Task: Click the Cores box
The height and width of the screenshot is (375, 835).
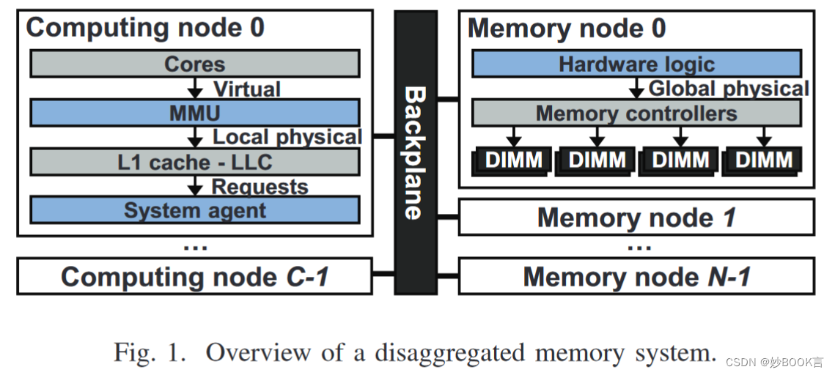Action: click(x=194, y=64)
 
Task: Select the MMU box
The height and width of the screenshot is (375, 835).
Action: click(x=194, y=113)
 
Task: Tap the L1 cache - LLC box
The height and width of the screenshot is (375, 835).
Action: click(x=194, y=161)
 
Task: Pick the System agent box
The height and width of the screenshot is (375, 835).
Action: click(x=194, y=211)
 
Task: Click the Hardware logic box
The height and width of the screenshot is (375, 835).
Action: click(x=636, y=64)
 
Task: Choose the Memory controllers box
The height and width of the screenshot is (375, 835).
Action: click(x=636, y=114)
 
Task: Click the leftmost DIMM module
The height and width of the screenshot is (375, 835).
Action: click(x=512, y=160)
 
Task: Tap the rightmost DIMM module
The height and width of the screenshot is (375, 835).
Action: click(x=762, y=160)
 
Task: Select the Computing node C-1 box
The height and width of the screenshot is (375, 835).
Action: click(x=194, y=277)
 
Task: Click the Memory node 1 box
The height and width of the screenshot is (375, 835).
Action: click(x=636, y=218)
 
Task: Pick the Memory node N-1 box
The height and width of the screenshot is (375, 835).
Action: click(x=636, y=277)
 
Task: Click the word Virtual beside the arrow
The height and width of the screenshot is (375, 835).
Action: click(x=246, y=89)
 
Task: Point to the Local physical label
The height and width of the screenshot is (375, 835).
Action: click(x=287, y=138)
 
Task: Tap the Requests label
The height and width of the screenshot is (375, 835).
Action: click(x=260, y=187)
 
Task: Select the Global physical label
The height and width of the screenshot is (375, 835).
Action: click(x=729, y=89)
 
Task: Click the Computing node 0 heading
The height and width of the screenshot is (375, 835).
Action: click(x=145, y=28)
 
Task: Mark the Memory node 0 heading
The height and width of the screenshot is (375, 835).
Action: click(x=567, y=29)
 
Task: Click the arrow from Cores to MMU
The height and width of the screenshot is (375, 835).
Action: click(x=194, y=89)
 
